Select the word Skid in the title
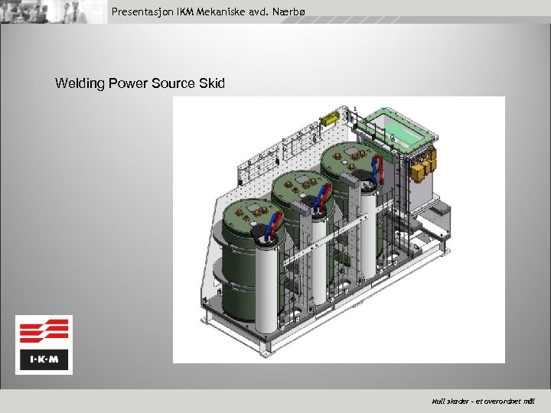click(x=211, y=83)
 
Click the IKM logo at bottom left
click(x=44, y=344)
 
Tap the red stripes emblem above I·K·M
click(x=44, y=332)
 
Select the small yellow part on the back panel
click(x=330, y=119)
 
